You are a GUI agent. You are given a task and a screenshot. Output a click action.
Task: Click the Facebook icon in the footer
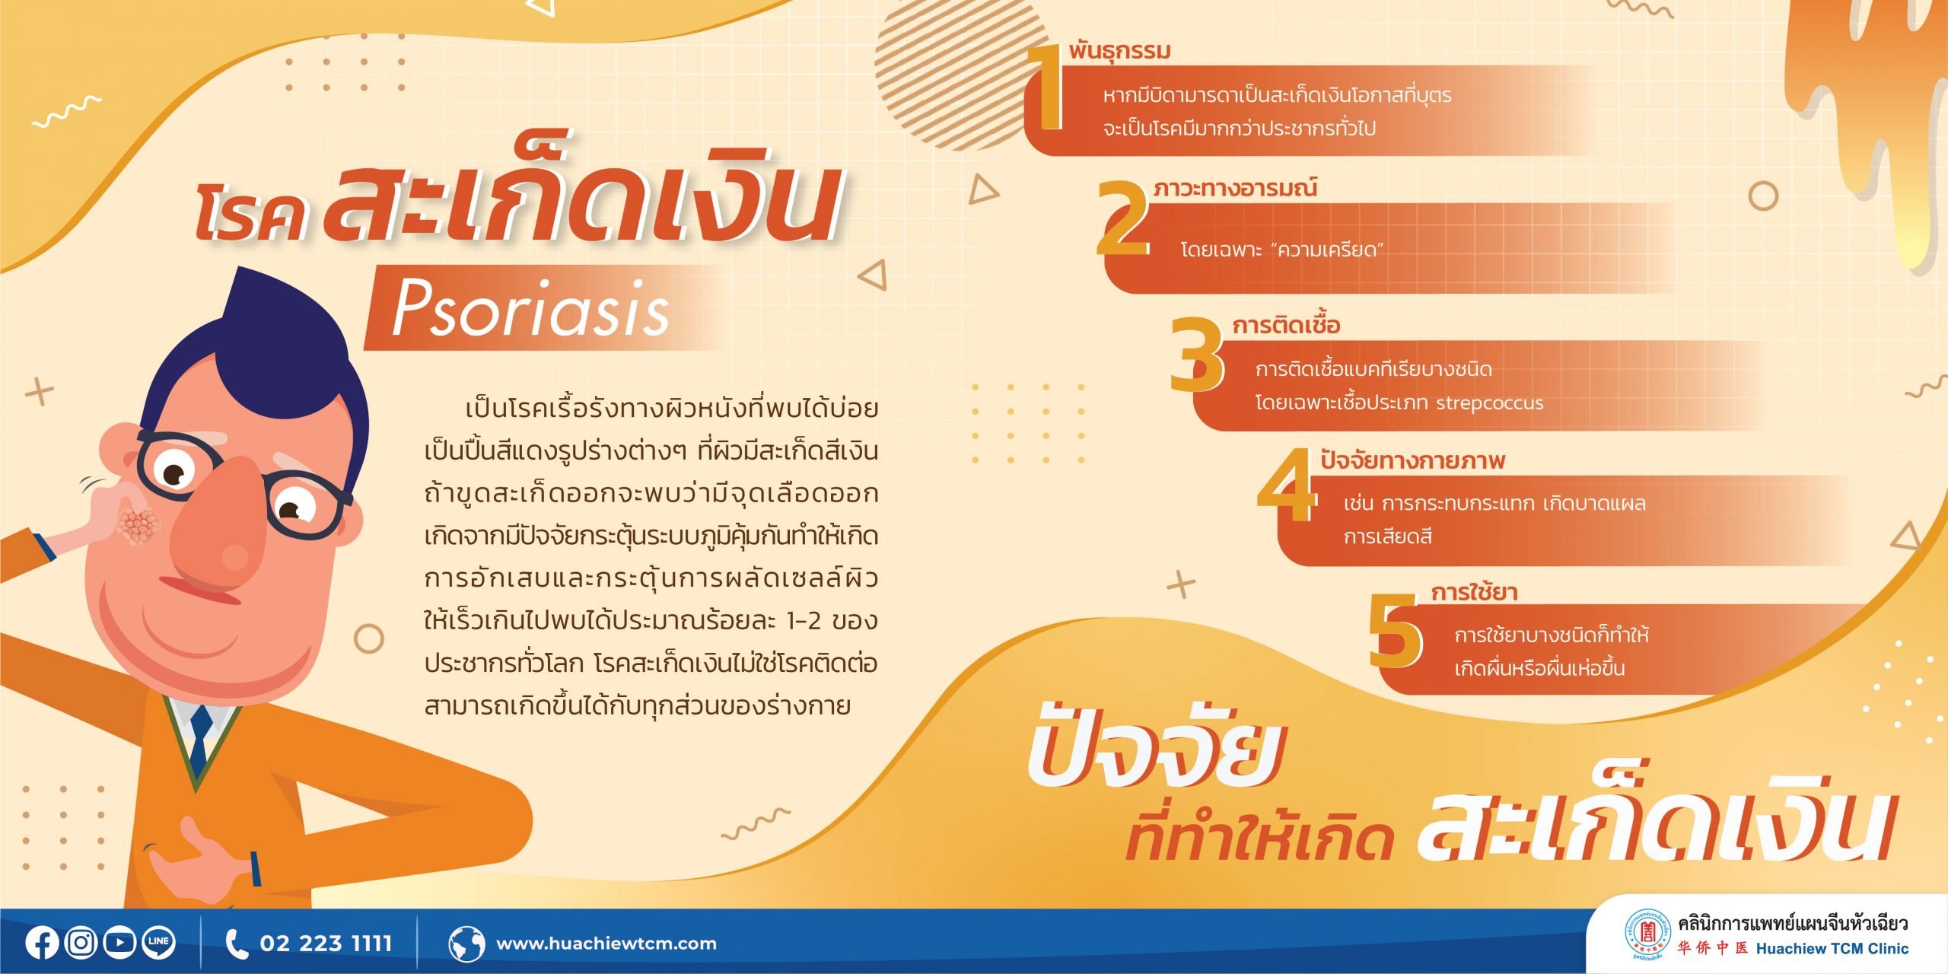42,943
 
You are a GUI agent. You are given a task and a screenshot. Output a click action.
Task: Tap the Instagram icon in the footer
81,943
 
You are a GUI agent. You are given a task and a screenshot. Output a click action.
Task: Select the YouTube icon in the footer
119,943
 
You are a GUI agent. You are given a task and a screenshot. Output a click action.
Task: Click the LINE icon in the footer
158,943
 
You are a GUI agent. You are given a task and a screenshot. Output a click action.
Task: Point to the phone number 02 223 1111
326,944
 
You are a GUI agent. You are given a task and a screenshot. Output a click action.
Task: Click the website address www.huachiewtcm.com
606,944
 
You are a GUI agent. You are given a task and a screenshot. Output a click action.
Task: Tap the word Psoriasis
530,307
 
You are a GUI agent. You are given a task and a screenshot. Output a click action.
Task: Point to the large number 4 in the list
1287,485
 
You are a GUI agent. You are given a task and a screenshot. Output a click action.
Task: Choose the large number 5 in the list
1395,631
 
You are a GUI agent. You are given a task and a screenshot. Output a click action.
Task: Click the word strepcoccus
1490,403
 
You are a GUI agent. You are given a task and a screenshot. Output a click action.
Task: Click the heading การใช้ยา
1474,592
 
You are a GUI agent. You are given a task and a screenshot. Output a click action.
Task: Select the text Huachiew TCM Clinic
1832,948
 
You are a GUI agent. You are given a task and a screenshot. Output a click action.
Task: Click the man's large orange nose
220,526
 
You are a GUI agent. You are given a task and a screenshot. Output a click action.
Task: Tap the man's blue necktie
200,741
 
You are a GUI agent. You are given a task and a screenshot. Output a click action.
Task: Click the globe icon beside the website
466,944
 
